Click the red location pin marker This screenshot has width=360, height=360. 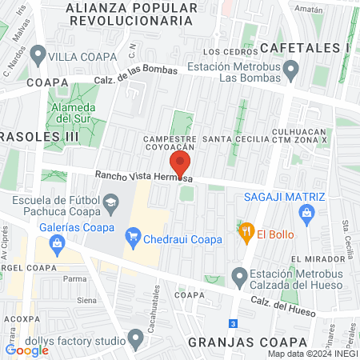click(x=180, y=163)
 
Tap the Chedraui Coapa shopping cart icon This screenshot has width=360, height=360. click(x=134, y=238)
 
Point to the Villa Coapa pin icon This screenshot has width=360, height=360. click(x=38, y=57)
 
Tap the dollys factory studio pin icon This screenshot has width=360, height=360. click(x=138, y=341)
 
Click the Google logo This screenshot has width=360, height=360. click(x=26, y=350)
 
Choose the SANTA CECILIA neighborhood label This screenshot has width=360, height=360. click(x=233, y=139)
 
